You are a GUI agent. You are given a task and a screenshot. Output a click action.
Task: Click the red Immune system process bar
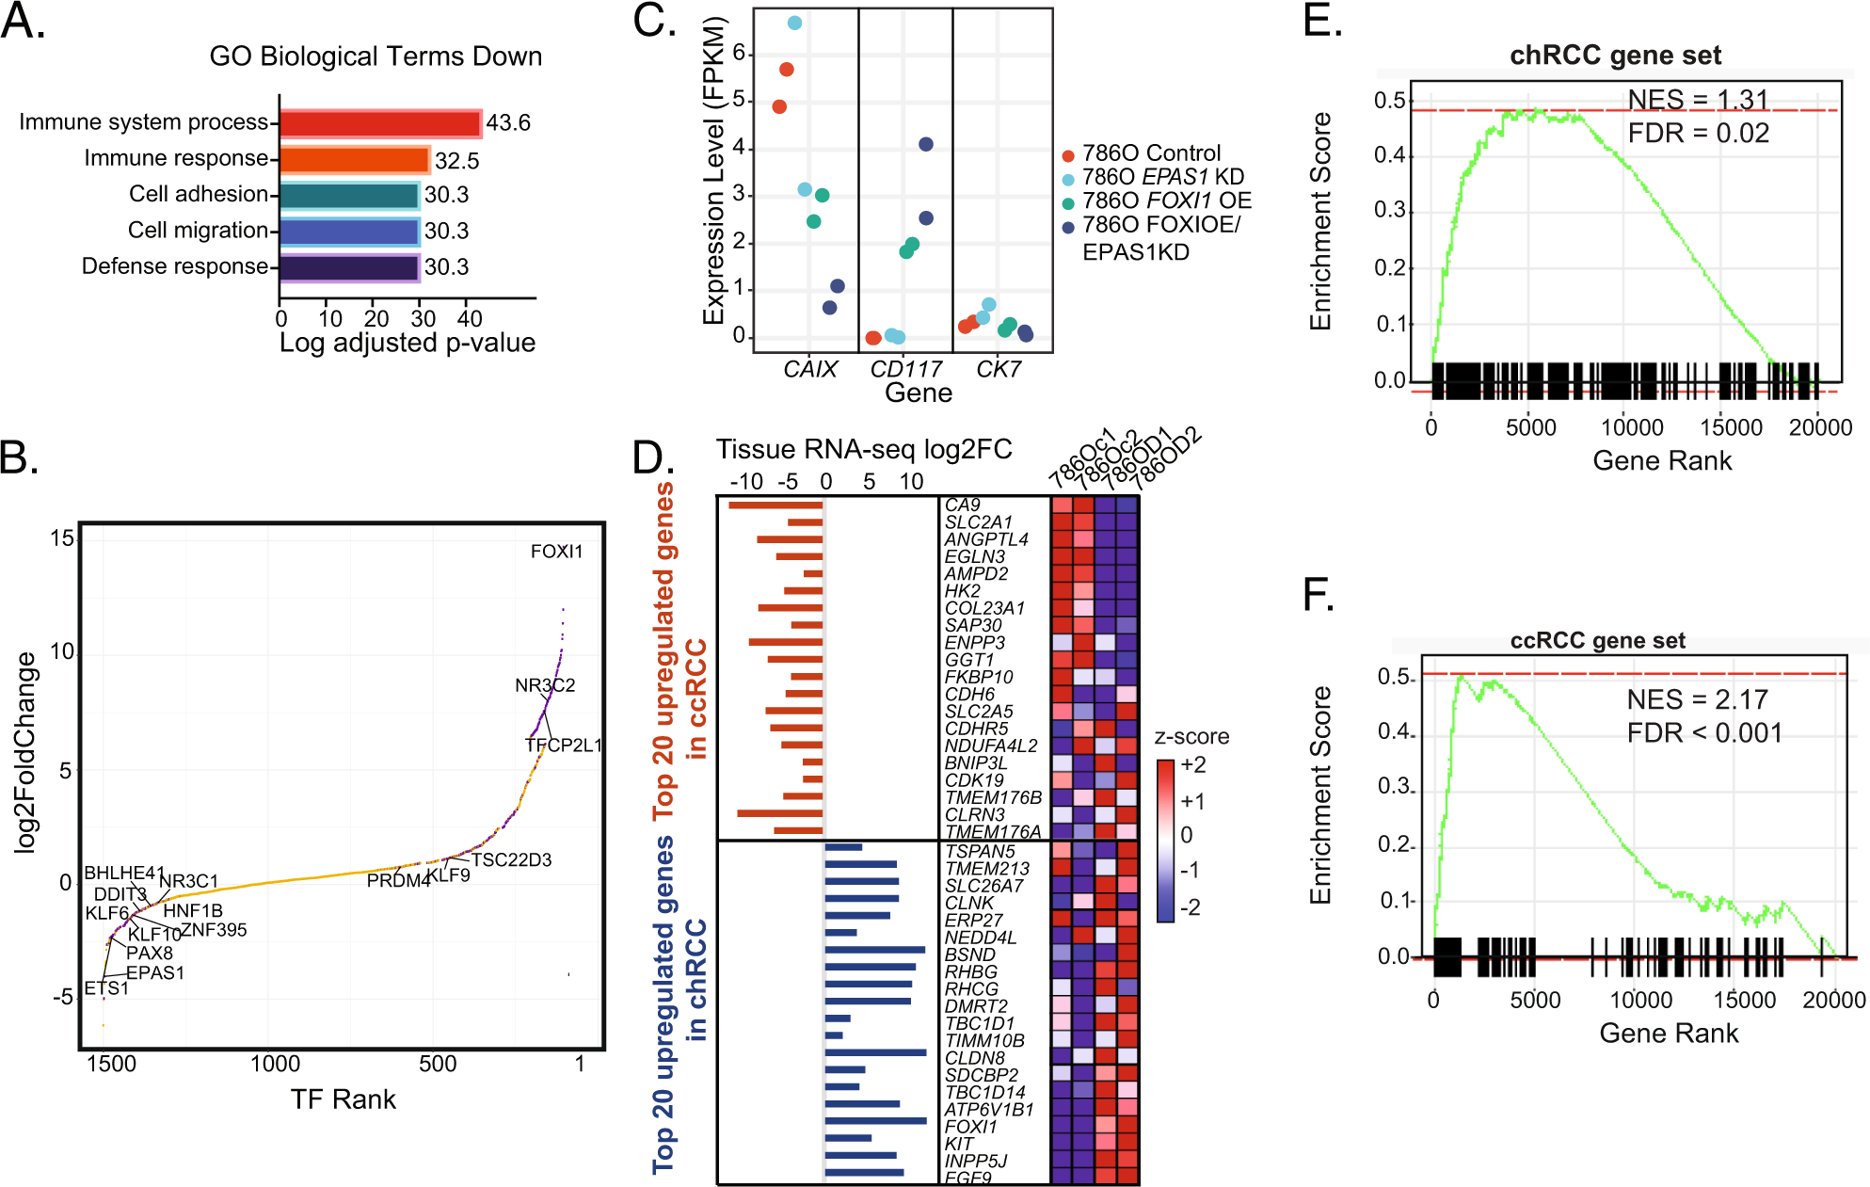point(380,123)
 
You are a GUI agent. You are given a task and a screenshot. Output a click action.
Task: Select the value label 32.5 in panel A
point(456,161)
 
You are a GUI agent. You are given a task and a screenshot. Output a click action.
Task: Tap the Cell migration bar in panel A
point(349,232)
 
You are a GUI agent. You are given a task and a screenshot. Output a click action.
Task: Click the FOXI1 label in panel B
point(556,552)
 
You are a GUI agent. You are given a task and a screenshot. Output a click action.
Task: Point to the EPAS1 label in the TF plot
point(155,973)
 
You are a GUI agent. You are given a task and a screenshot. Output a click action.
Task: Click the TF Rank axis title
point(343,1099)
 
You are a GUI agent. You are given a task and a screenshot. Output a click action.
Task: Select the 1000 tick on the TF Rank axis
point(275,1065)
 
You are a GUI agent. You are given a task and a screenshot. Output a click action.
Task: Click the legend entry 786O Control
point(1150,153)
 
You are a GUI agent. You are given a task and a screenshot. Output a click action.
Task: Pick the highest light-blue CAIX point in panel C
point(794,23)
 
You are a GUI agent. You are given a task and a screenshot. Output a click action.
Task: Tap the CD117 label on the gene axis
point(904,369)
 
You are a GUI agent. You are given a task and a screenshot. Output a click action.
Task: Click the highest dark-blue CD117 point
point(926,144)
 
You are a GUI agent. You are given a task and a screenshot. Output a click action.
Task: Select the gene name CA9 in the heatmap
point(962,505)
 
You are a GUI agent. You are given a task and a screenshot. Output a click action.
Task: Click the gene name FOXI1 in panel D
point(969,1127)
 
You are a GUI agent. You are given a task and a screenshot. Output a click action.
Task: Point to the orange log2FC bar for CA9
point(775,505)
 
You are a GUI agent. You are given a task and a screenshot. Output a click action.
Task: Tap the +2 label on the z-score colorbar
point(1192,764)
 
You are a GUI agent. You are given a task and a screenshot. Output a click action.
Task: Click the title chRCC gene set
point(1615,56)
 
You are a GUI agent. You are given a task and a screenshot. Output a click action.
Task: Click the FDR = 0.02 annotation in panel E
point(1698,134)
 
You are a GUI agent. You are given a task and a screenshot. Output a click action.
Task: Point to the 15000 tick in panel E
point(1730,427)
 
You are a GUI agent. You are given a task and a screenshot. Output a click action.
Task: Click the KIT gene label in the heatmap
point(959,1144)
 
